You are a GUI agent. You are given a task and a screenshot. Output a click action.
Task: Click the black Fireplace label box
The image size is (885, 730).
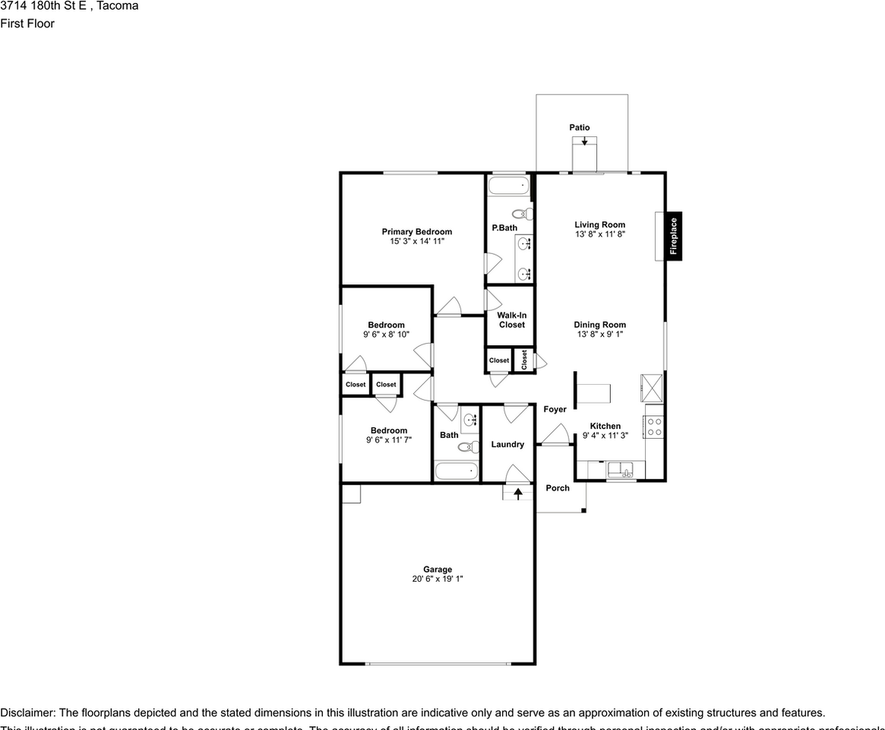click(673, 236)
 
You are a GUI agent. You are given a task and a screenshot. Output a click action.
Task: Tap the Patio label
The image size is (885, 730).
click(580, 128)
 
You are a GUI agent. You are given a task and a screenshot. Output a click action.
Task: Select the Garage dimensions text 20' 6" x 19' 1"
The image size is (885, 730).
click(438, 579)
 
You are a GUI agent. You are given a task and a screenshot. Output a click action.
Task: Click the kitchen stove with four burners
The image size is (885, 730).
click(654, 427)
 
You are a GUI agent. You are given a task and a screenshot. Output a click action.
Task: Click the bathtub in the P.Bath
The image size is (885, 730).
click(508, 186)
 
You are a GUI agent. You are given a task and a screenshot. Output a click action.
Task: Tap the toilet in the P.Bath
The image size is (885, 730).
click(523, 214)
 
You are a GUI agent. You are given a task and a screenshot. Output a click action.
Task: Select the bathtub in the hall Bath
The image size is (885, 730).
click(457, 471)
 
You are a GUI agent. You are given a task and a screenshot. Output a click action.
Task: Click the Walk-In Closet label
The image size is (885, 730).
click(511, 320)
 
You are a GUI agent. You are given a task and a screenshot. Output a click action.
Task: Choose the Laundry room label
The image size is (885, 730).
click(507, 445)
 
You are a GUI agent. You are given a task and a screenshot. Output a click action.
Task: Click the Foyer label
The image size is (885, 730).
click(555, 410)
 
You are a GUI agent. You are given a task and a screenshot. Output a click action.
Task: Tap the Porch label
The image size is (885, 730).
click(558, 488)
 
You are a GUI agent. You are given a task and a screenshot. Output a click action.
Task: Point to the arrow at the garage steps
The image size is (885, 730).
click(518, 494)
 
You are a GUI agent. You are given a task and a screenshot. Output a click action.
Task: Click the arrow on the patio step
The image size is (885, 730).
click(583, 141)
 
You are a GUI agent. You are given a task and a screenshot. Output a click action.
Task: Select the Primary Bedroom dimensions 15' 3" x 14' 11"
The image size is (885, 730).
click(416, 241)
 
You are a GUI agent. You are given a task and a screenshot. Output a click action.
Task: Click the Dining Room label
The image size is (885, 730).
click(599, 325)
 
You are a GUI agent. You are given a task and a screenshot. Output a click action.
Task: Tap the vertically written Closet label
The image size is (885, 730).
click(524, 360)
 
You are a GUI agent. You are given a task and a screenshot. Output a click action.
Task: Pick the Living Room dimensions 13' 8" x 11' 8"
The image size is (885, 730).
click(599, 235)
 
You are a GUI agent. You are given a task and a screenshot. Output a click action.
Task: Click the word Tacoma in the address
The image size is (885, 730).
click(118, 6)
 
